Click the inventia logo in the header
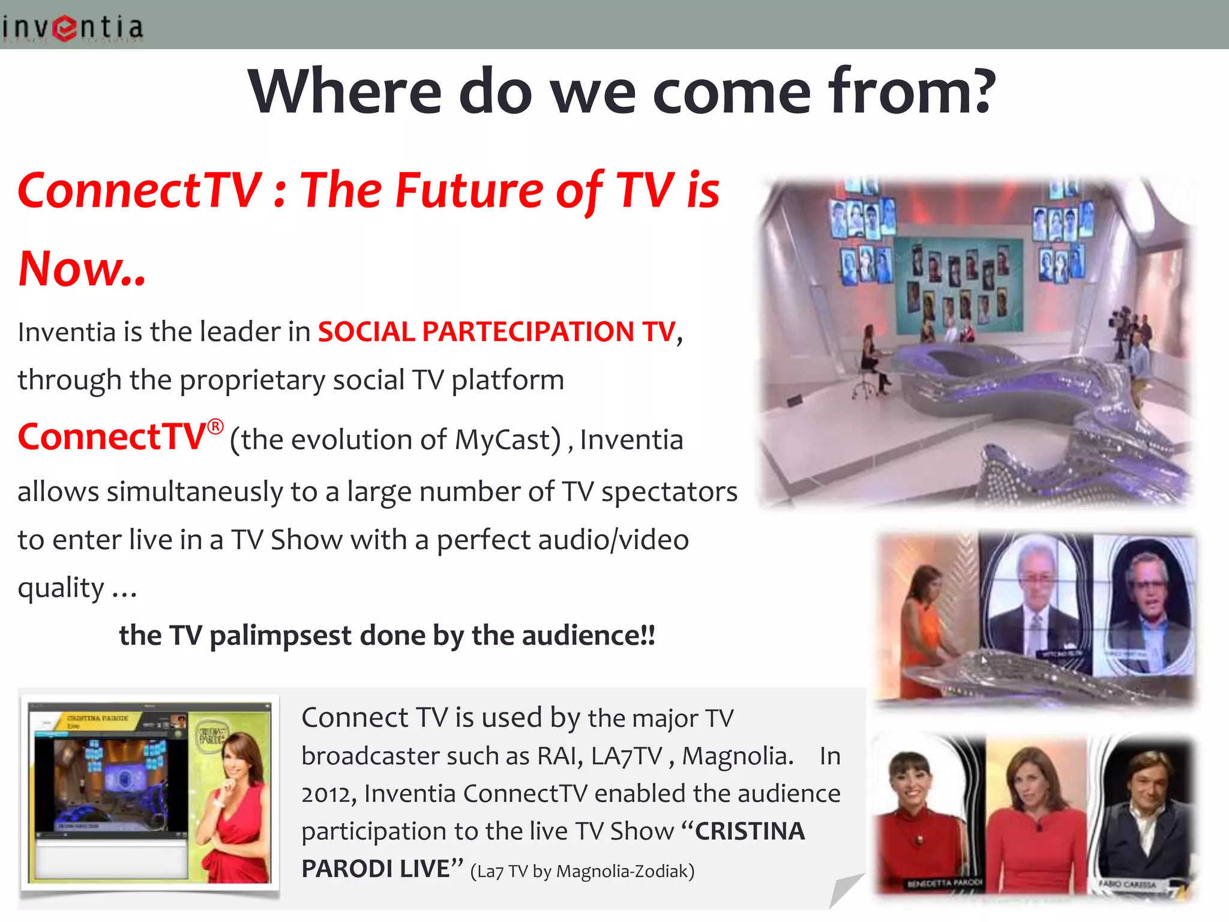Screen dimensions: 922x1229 click(72, 28)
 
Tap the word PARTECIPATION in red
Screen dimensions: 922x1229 click(528, 332)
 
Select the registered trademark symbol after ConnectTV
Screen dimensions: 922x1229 click(215, 427)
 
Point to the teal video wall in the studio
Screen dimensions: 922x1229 click(958, 282)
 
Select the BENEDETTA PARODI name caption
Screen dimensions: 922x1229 click(945, 884)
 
